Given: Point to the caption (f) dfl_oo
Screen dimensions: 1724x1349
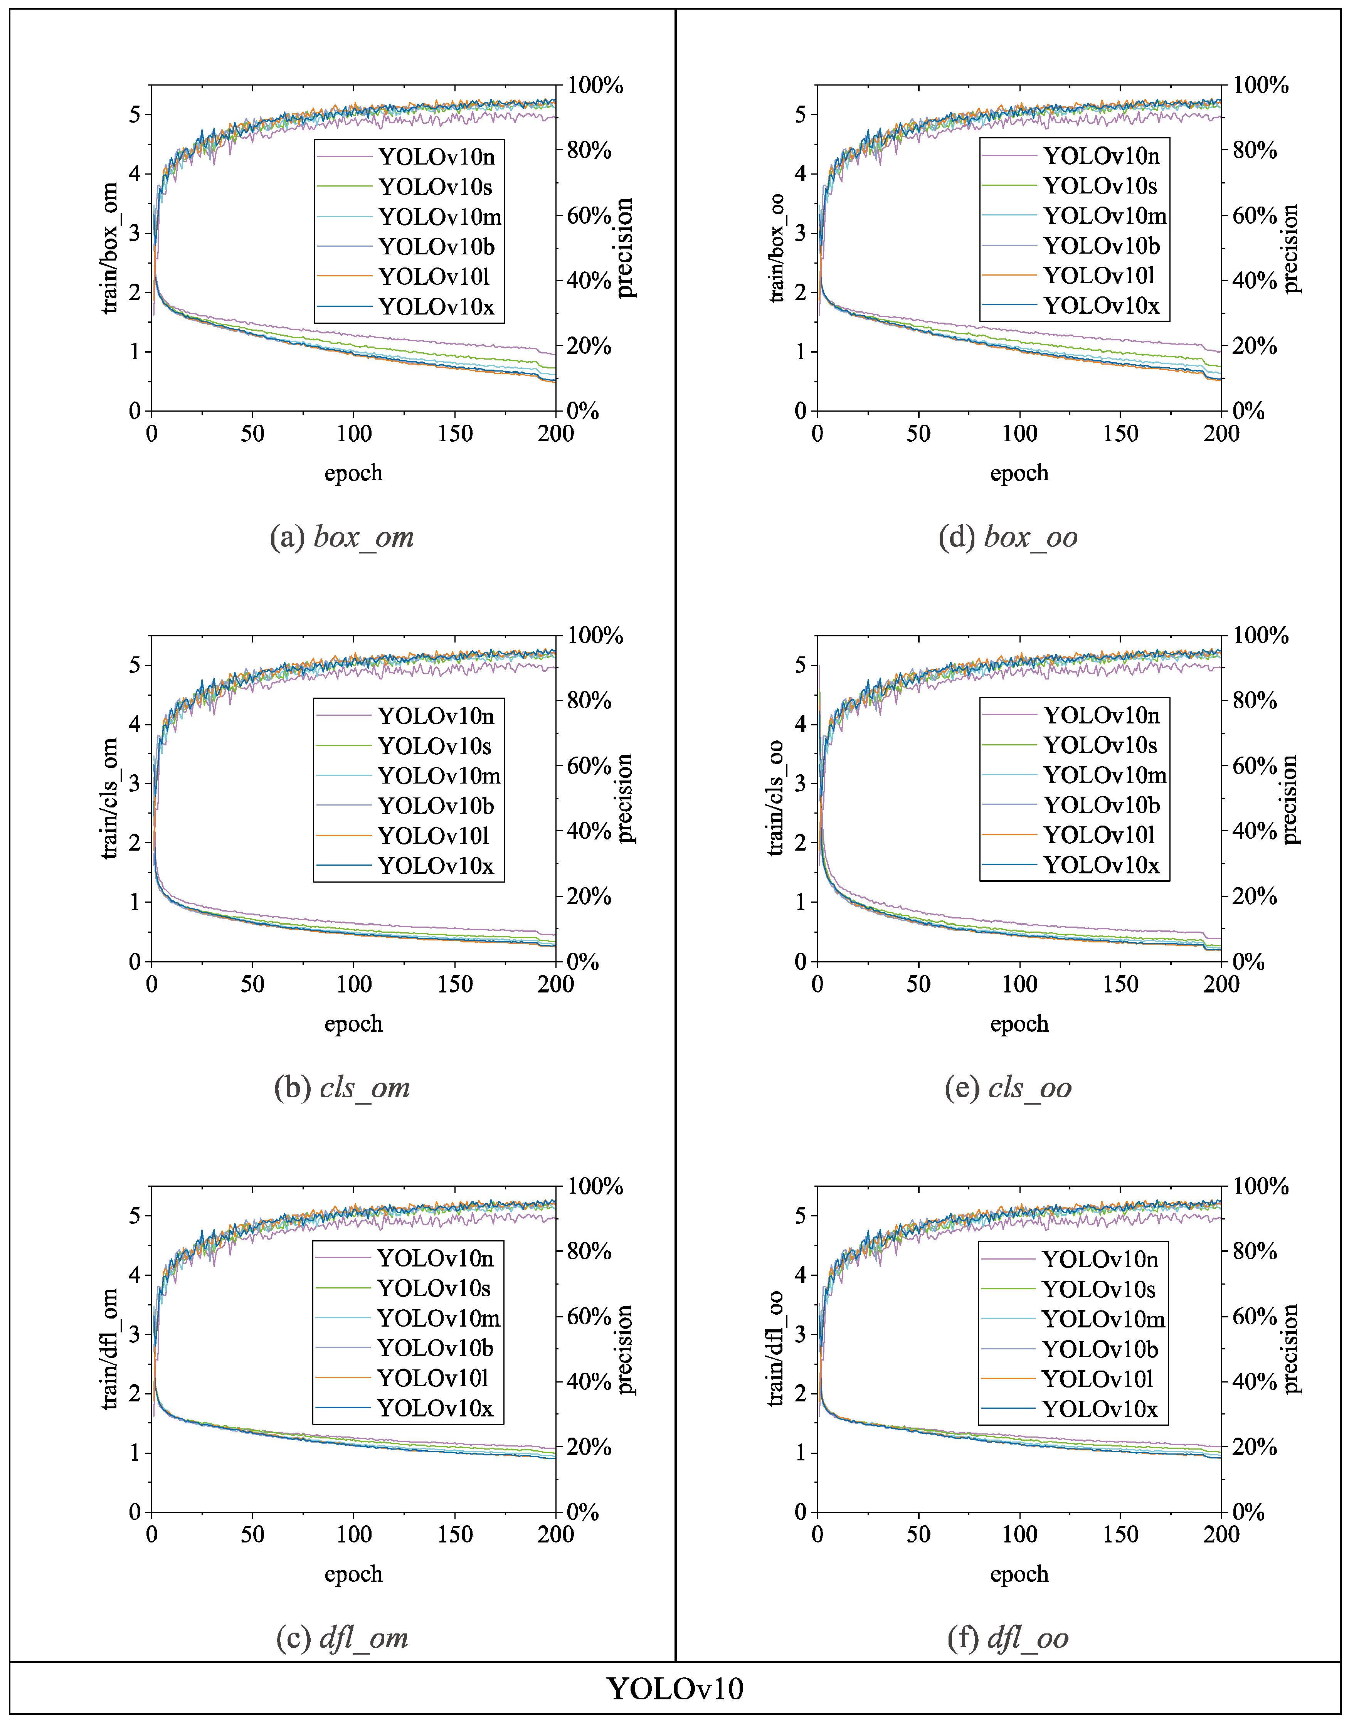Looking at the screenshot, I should click(1008, 1638).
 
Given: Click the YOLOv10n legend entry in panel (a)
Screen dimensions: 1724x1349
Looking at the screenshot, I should click(436, 156).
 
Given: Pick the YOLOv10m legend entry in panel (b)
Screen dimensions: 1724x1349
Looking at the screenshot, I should click(438, 775).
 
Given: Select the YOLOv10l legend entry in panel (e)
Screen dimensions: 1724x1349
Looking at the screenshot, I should click(1098, 835).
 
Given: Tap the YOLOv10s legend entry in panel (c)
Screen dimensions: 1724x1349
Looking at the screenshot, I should click(434, 1288).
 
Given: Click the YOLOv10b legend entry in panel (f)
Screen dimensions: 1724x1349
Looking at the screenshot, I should click(1099, 1349).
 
